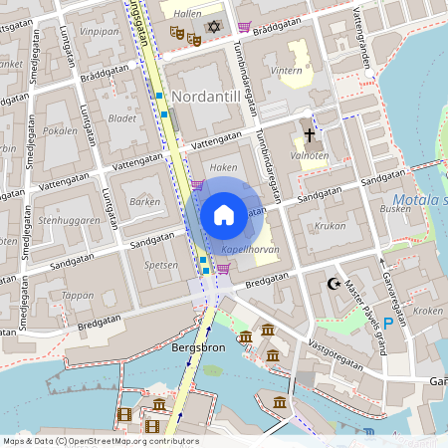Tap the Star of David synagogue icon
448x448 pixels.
coord(213,26)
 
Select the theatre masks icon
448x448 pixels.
coord(185,35)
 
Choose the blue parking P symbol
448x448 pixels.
coord(388,323)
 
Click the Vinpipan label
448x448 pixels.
coord(100,32)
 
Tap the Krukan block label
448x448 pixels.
coord(330,226)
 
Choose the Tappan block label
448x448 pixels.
coord(77,295)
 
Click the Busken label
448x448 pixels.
coord(395,210)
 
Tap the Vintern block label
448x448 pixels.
coord(287,71)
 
